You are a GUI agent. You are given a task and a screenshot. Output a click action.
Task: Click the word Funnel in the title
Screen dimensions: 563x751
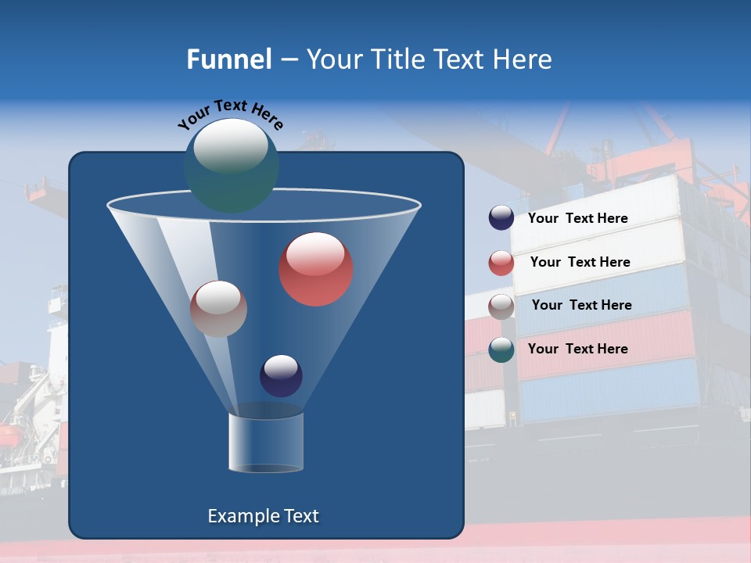[228, 59]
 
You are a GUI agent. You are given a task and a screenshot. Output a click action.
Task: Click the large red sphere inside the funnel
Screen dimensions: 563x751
[316, 270]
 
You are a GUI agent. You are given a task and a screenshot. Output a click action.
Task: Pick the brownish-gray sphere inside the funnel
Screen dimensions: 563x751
[218, 309]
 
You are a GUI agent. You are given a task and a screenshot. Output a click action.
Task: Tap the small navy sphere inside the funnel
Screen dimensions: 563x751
[281, 375]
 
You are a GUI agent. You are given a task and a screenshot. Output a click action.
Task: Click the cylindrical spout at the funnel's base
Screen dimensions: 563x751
[266, 443]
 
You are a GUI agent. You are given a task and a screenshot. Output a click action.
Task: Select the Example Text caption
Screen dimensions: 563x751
[263, 516]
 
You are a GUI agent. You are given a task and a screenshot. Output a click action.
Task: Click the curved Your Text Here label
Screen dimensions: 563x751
[230, 114]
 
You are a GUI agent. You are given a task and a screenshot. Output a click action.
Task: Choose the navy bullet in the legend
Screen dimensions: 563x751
[501, 218]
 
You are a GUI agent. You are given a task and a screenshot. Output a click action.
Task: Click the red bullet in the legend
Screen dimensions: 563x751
[501, 263]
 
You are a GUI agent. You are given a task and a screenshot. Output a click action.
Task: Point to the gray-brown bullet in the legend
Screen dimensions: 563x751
[501, 307]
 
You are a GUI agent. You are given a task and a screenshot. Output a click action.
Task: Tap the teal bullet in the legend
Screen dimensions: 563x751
[501, 350]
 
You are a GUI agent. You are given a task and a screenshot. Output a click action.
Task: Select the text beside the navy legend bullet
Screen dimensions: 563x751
[577, 219]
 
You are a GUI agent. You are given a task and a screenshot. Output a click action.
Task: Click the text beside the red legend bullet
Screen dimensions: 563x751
[580, 263]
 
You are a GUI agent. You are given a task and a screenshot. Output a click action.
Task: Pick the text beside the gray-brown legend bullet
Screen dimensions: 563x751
[581, 306]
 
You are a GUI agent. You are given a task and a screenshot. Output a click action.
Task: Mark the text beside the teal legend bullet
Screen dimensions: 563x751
[577, 350]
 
